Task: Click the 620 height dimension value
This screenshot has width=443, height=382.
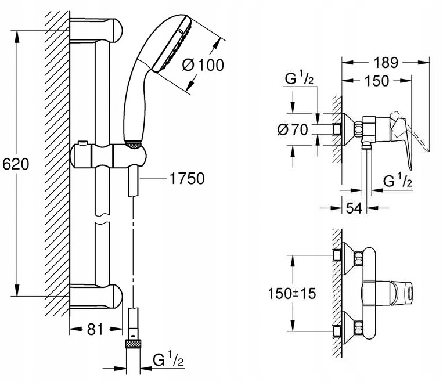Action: pyautogui.click(x=16, y=164)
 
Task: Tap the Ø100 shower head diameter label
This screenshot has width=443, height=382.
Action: pyautogui.click(x=203, y=65)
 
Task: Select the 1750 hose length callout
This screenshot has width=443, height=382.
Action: pyautogui.click(x=187, y=179)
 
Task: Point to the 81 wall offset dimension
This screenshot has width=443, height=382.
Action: pyautogui.click(x=95, y=329)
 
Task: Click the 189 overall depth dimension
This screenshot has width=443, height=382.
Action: pyautogui.click(x=386, y=63)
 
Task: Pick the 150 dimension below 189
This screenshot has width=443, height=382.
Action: pyautogui.click(x=377, y=81)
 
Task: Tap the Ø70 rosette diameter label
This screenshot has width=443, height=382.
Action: pyautogui.click(x=293, y=129)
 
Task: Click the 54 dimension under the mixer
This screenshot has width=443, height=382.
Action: pyautogui.click(x=354, y=208)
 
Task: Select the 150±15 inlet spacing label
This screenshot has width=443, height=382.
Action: pyautogui.click(x=292, y=293)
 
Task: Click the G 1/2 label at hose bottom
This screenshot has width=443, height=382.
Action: pyautogui.click(x=168, y=359)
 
